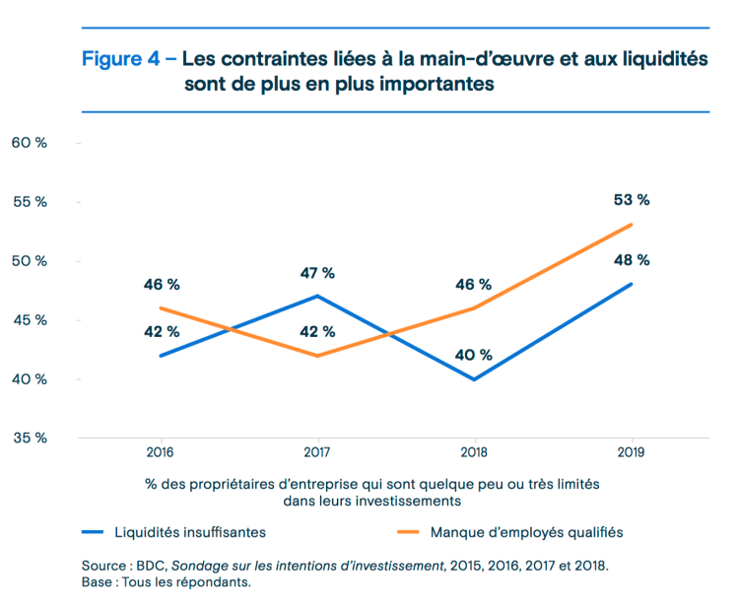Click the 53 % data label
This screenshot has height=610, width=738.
(x=631, y=200)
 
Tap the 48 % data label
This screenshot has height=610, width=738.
(x=631, y=260)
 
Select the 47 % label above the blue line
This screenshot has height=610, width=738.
(x=316, y=273)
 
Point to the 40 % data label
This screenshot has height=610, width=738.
(x=474, y=356)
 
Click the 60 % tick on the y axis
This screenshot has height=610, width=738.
(x=29, y=143)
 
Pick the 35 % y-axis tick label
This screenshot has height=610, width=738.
(x=29, y=439)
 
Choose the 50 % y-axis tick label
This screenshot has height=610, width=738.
(x=29, y=261)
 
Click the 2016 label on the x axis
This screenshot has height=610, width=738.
(x=159, y=452)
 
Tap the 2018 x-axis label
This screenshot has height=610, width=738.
(x=474, y=452)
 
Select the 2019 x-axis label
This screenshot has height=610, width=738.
(x=632, y=452)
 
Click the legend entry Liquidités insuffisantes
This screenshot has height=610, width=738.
(x=189, y=531)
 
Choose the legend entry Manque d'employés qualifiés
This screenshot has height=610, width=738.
(x=526, y=531)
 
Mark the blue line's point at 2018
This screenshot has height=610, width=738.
(x=474, y=379)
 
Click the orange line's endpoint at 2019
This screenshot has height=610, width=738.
(x=632, y=225)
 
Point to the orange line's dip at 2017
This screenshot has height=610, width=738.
(x=316, y=356)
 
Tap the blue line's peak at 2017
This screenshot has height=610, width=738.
(x=316, y=296)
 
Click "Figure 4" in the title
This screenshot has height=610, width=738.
(x=120, y=58)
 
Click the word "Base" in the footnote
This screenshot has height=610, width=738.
(x=100, y=582)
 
